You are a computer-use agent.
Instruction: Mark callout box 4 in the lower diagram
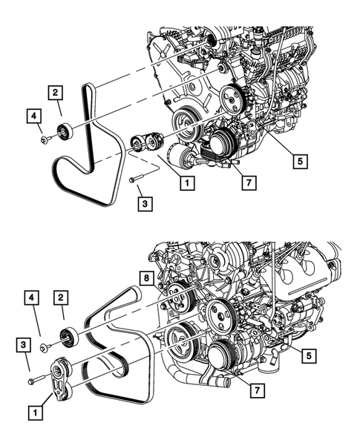point(33,299)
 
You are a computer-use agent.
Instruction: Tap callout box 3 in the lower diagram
point(24,344)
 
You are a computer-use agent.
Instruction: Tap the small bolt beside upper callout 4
point(45,138)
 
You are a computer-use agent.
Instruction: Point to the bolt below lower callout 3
point(33,381)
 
